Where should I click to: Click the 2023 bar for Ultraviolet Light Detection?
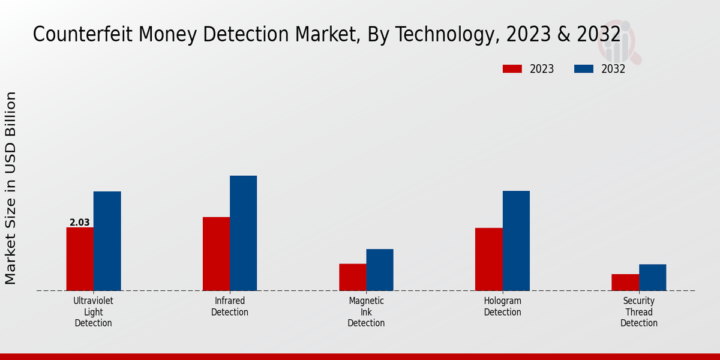(80, 259)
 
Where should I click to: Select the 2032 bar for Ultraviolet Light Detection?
(107, 241)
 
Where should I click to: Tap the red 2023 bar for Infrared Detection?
(216, 254)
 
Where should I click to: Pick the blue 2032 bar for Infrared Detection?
(243, 233)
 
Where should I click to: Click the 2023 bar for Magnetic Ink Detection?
(352, 277)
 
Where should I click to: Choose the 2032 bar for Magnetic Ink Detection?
(380, 270)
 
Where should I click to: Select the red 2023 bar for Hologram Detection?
(488, 259)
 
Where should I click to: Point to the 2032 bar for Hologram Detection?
(516, 241)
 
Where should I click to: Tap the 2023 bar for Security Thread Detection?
(625, 283)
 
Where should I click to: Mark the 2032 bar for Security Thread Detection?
(652, 278)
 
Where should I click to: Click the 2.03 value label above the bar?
(80, 223)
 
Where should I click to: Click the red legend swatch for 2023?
(512, 69)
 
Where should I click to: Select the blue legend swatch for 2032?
(583, 69)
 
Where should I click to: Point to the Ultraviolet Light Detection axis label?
(93, 312)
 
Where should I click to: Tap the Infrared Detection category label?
(230, 307)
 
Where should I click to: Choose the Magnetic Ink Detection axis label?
(366, 312)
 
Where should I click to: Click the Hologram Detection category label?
(503, 307)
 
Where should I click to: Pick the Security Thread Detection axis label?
(639, 312)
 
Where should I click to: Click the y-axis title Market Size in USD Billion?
(11, 188)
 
